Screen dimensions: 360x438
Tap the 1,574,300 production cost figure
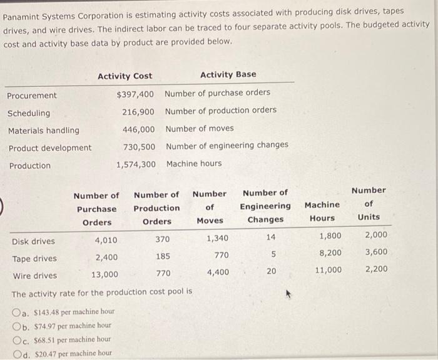[136, 165]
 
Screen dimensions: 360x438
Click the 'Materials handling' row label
[43, 131]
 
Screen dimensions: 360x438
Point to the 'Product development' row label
[49, 148]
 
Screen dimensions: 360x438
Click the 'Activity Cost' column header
[125, 76]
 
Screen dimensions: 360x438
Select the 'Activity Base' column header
[228, 74]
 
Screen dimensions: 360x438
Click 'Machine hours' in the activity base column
[194, 163]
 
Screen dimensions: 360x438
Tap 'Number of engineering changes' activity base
[227, 145]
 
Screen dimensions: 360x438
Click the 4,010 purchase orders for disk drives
[106, 241]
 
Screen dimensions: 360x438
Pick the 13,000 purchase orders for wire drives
[104, 275]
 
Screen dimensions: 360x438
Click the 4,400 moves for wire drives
[217, 272]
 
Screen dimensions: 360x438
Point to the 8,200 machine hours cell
[330, 253]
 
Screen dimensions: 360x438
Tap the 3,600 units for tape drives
[375, 252]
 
